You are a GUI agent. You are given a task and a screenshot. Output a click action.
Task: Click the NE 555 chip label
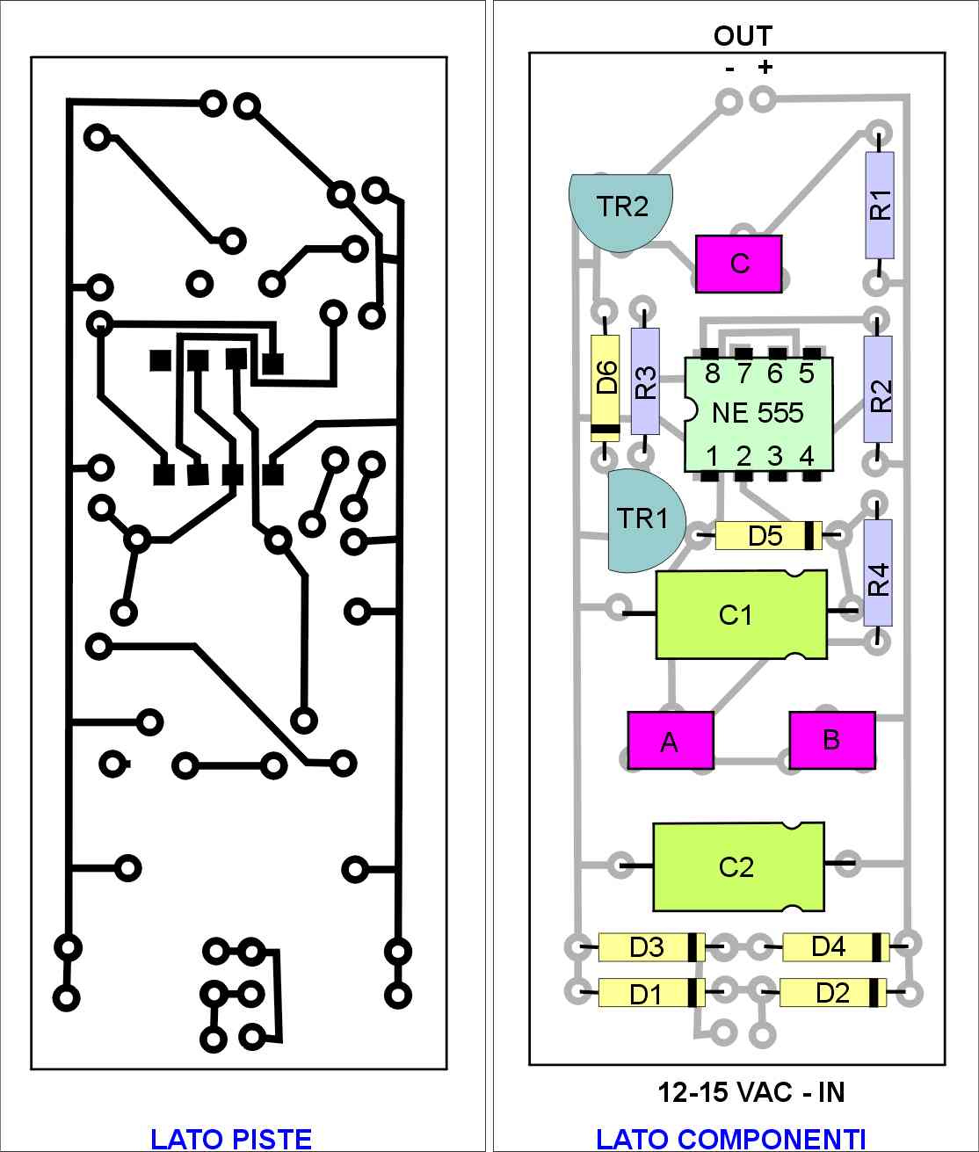point(758,414)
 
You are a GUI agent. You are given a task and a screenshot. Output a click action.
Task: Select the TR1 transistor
point(646,520)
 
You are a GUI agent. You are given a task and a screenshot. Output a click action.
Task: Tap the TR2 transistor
point(620,212)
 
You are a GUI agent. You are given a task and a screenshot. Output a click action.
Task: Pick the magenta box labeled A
point(671,741)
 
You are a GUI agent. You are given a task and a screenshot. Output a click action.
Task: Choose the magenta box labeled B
point(832,740)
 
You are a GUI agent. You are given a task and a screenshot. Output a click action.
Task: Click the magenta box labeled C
point(739,264)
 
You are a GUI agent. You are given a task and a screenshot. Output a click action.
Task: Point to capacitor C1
point(742,615)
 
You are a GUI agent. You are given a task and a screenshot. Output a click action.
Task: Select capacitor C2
point(739,866)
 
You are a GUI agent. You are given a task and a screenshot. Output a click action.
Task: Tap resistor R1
point(879,205)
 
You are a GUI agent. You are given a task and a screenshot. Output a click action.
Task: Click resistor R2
point(878,389)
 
